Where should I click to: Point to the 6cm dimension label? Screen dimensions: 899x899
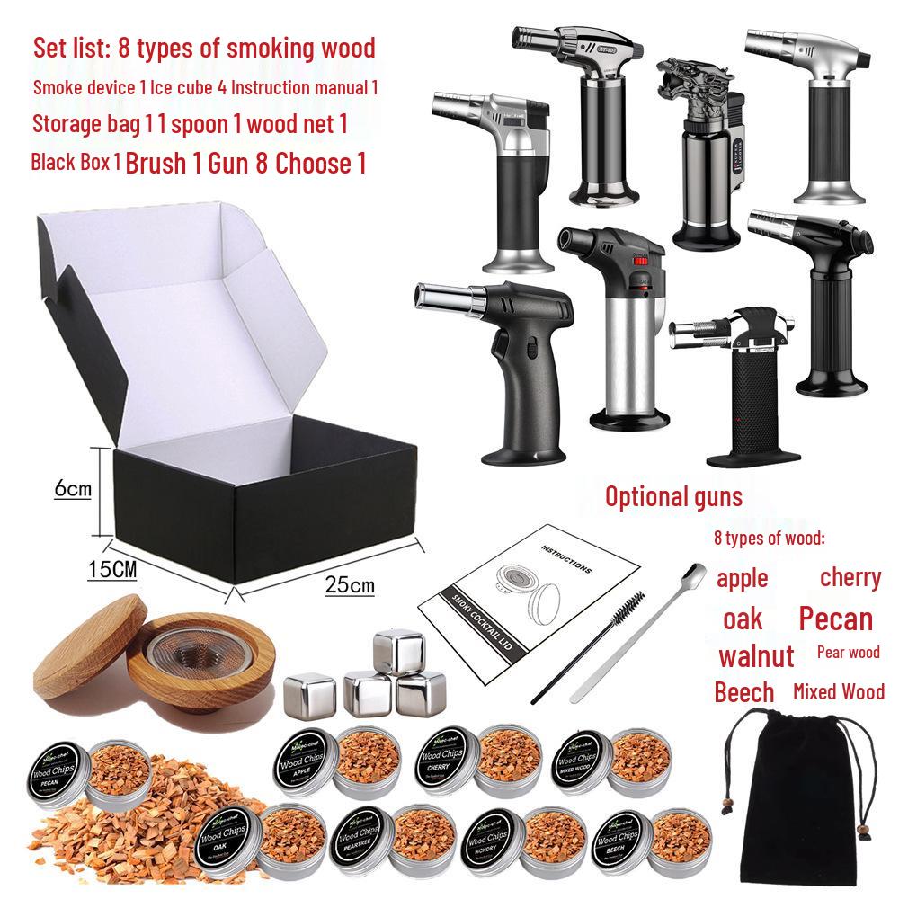click(x=73, y=489)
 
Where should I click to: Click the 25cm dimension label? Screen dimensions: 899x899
click(x=351, y=585)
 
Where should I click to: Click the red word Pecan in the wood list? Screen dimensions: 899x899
click(x=835, y=619)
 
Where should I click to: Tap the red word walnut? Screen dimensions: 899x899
click(x=756, y=655)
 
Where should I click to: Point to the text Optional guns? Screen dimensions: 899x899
click(x=673, y=495)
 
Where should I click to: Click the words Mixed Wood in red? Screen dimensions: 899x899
click(x=839, y=691)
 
